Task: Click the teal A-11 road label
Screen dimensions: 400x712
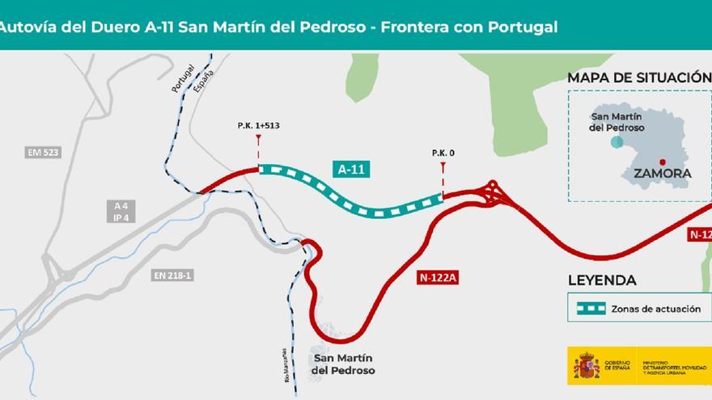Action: click(x=351, y=168)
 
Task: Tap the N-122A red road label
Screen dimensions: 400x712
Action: click(x=439, y=277)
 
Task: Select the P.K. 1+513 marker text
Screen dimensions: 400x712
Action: click(x=258, y=125)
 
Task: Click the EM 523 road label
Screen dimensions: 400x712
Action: click(x=43, y=152)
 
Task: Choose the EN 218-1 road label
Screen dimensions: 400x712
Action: click(x=172, y=276)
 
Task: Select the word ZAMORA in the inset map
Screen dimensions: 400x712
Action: click(x=662, y=173)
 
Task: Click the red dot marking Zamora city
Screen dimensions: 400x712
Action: click(x=662, y=161)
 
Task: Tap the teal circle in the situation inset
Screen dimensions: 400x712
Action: click(x=617, y=142)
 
